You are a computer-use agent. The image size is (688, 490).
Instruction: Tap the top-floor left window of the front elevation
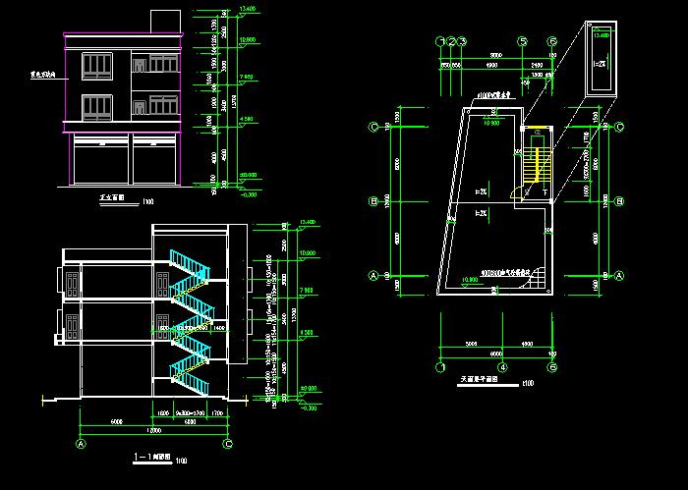tap(97, 66)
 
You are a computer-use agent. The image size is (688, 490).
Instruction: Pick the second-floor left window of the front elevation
tap(97, 105)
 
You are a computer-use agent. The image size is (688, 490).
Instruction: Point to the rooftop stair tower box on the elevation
tap(165, 23)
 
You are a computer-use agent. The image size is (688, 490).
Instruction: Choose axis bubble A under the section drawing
tap(79, 444)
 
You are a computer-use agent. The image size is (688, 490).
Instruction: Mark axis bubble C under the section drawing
tap(228, 444)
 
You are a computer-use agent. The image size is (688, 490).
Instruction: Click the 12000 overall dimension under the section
tap(153, 430)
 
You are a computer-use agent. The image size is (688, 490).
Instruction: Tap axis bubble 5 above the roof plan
tap(524, 41)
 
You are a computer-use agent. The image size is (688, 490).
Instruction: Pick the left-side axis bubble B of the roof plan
tap(373, 201)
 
